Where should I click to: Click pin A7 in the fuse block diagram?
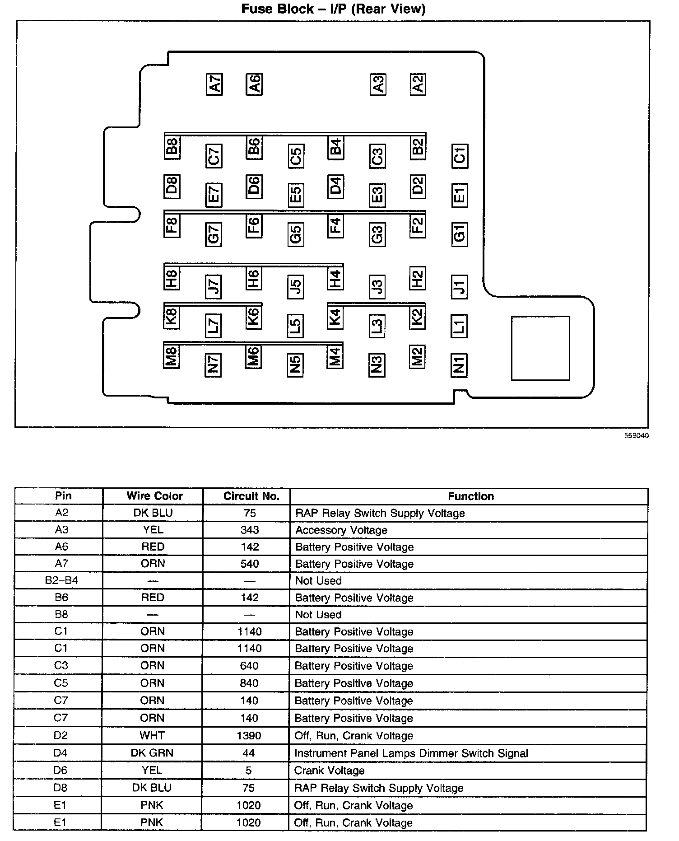tap(214, 84)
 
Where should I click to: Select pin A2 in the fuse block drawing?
tap(418, 84)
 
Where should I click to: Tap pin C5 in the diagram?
tap(296, 156)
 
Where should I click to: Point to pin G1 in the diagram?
tap(459, 234)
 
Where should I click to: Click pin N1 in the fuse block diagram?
tap(459, 365)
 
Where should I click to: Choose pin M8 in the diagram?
tap(172, 356)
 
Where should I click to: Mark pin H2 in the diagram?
tap(417, 278)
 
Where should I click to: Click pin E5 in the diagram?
tap(296, 195)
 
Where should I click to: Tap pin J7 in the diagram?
tap(214, 286)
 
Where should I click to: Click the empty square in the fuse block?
tap(540, 348)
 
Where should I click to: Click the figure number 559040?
tap(637, 436)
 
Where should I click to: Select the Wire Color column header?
tap(154, 496)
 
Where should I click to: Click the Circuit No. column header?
tap(251, 496)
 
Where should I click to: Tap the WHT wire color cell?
tap(152, 736)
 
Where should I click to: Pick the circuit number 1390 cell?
tap(249, 736)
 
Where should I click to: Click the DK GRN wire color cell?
tap(152, 753)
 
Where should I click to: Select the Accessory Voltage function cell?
tap(341, 530)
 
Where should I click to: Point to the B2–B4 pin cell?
tap(61, 580)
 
